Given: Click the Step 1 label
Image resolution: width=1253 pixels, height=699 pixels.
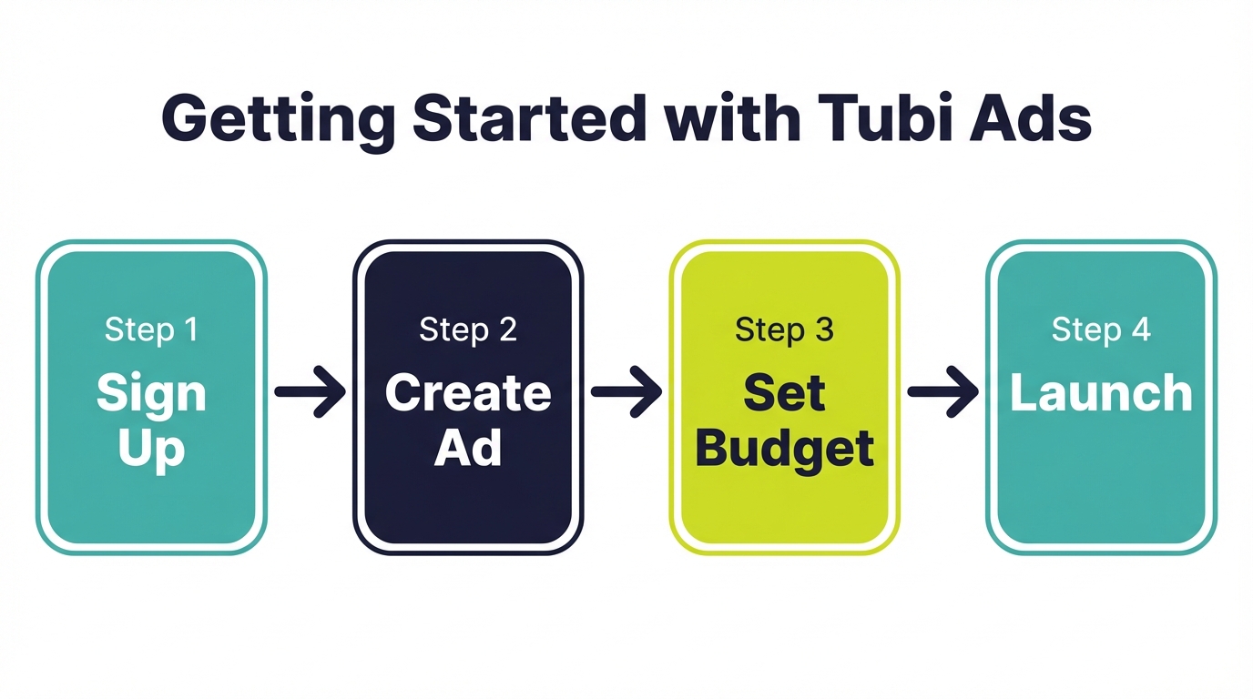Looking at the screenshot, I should click(151, 329).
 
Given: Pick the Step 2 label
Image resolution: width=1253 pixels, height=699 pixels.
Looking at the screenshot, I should click(468, 329).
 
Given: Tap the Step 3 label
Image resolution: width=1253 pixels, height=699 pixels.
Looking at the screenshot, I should click(784, 329).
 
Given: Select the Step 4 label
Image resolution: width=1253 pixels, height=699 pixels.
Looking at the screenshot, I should click(1101, 329).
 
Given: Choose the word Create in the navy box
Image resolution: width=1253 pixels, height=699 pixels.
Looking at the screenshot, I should click(468, 393).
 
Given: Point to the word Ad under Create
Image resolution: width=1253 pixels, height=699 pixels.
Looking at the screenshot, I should click(468, 448).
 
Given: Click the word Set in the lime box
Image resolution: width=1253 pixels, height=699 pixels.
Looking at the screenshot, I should click(784, 393).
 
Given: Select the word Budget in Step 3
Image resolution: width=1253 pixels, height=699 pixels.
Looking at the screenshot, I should click(784, 450).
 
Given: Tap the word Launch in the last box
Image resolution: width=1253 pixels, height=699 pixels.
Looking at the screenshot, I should click(1101, 393).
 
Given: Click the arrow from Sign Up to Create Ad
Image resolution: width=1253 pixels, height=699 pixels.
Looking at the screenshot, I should click(310, 392).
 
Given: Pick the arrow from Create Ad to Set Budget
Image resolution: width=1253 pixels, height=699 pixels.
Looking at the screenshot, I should click(626, 392).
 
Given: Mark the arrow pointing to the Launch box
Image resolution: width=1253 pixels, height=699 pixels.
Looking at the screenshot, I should click(942, 392).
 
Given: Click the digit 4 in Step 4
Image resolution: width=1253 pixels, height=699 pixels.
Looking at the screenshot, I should click(1141, 329).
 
